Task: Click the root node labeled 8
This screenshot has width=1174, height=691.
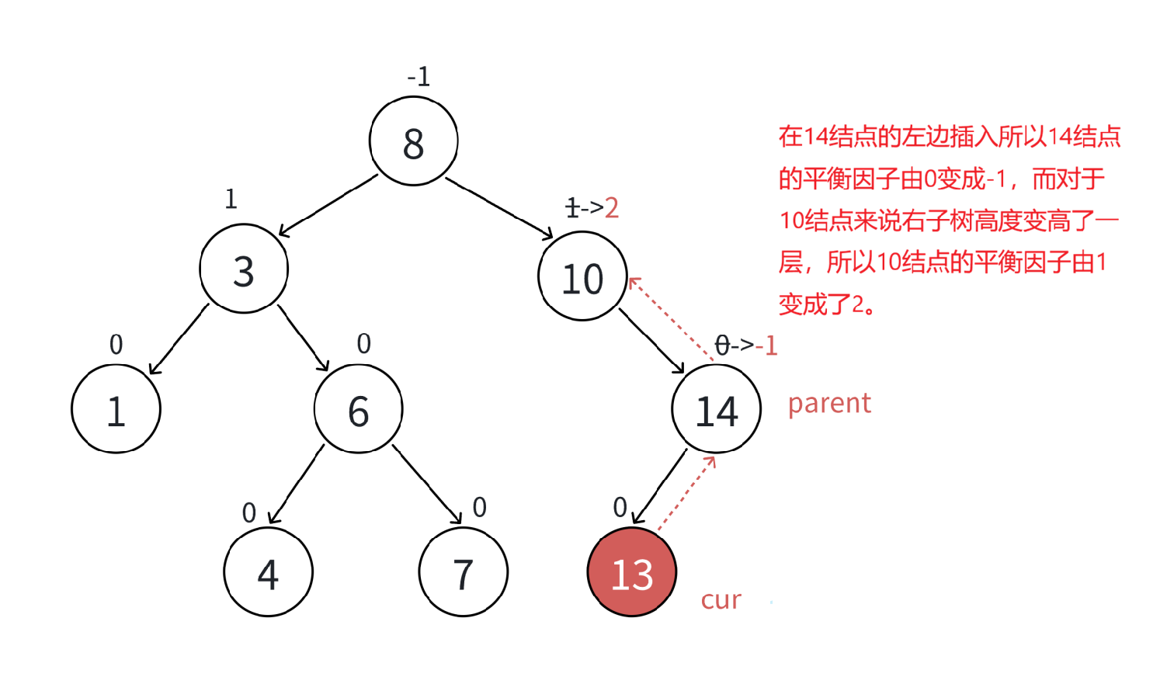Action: [x=413, y=141]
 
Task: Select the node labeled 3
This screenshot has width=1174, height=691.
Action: [x=244, y=269]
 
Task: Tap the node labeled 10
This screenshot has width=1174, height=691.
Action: [x=582, y=276]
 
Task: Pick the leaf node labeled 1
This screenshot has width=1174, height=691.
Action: [x=116, y=409]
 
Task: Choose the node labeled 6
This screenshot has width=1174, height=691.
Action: [x=358, y=409]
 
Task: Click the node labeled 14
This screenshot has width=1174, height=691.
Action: [x=716, y=409]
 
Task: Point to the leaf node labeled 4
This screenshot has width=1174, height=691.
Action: [x=268, y=572]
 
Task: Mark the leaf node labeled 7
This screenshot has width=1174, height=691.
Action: [x=463, y=572]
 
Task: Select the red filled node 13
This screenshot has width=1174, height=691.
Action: [x=632, y=572]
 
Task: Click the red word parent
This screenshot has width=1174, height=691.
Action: [x=829, y=404]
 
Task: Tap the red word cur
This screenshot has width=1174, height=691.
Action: [x=721, y=600]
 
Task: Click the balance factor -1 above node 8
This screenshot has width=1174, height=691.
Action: [x=419, y=77]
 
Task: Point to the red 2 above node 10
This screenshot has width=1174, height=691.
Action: [x=612, y=208]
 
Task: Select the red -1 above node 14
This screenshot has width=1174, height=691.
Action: [x=766, y=345]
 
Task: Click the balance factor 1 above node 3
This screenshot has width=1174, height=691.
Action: [x=231, y=200]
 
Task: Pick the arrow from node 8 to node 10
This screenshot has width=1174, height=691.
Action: [x=498, y=207]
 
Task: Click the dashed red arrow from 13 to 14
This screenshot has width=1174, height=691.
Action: [x=687, y=494]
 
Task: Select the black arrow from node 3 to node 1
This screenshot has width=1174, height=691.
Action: [x=179, y=339]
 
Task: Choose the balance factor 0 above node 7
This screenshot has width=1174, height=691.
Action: [x=480, y=508]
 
